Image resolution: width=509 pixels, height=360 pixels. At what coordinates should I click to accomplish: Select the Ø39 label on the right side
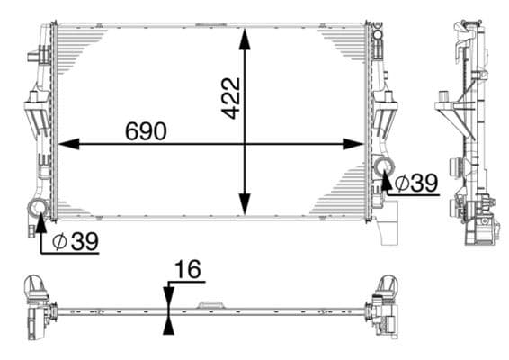coord(415,183)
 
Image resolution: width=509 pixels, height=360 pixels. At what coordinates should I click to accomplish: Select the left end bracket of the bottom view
coord(37,305)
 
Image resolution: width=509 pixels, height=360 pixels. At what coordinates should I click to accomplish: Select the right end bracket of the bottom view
coord(388,306)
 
